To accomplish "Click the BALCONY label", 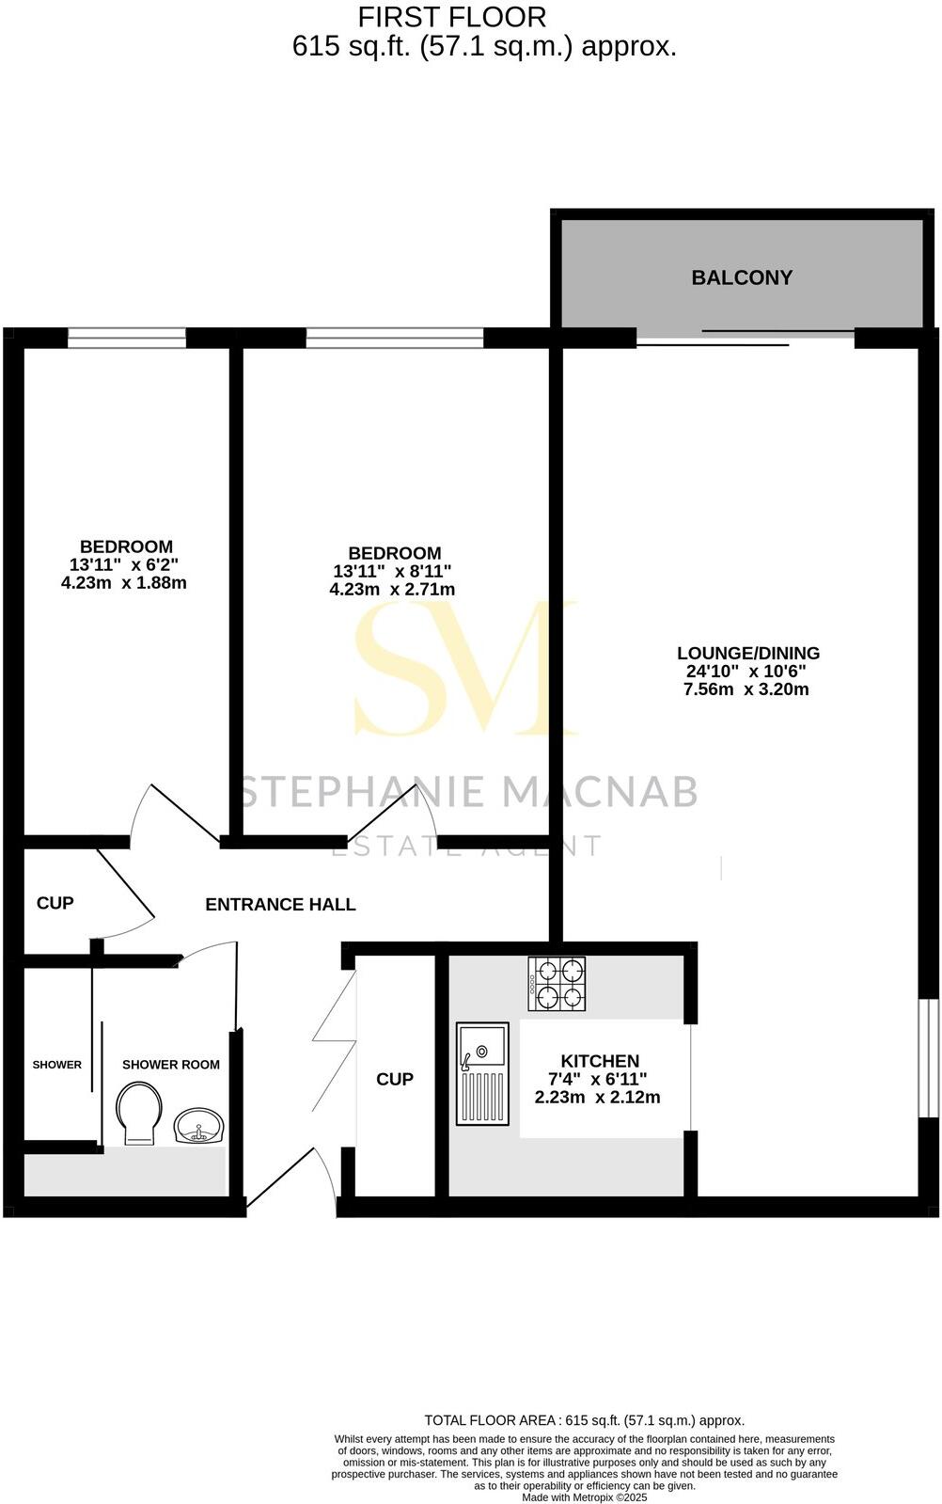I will coord(742,277).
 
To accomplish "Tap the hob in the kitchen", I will coord(557,984).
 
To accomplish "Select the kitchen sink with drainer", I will coord(482,1073).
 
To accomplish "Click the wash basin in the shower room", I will coord(198,1125).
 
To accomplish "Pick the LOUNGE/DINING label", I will coord(748,653).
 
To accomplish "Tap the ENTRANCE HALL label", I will coord(280,905).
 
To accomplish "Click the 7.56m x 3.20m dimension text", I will coord(746,689).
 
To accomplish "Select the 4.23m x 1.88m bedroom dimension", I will coord(123,583).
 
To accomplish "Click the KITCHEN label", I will coord(600,1061).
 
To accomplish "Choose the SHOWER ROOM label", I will coord(171,1065).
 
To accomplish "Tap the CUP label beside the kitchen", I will coord(395,1079).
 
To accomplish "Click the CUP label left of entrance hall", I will coord(55,903).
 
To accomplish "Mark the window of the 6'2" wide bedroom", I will coord(127,338).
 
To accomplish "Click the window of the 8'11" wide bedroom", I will coord(395,338).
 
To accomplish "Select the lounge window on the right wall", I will coord(928,1058).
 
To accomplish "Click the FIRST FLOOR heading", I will coord(452,17).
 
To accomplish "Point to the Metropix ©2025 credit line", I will coord(584,1497).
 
